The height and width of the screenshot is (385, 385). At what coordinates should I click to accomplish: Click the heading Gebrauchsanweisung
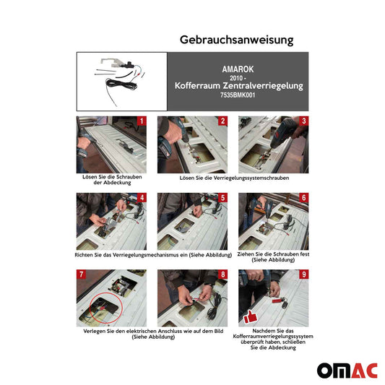[235, 40]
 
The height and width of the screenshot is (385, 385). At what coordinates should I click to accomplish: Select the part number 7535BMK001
[238, 95]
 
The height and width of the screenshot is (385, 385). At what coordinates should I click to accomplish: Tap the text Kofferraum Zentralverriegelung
[238, 85]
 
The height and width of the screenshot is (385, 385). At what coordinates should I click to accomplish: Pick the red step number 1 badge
[142, 121]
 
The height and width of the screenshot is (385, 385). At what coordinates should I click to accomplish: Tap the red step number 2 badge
[223, 121]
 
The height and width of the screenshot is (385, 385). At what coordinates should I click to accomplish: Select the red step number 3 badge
[304, 121]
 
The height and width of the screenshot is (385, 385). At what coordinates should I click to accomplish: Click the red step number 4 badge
[142, 198]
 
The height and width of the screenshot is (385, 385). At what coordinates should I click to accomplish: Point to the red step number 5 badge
[223, 198]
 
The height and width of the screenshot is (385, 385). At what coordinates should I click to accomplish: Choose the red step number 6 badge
[304, 198]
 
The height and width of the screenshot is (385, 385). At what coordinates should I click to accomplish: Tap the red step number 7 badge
[82, 275]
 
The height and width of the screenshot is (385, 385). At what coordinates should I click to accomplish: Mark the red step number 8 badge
[223, 275]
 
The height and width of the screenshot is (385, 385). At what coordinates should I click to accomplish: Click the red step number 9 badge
[304, 275]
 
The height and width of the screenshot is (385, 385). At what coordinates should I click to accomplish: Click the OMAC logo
[347, 350]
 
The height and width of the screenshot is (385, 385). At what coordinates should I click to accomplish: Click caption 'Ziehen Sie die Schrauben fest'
[273, 254]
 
